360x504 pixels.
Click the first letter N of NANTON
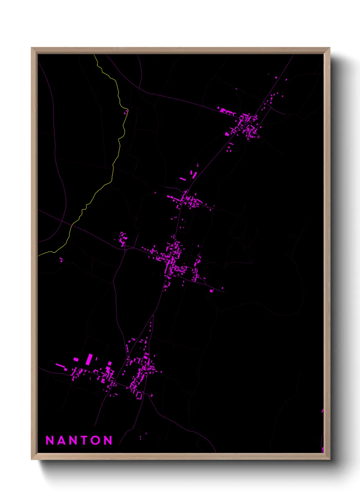point(50,440)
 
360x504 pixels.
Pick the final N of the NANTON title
point(108,440)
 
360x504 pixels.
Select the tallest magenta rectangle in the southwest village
point(89,359)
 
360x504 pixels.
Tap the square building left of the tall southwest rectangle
point(76,359)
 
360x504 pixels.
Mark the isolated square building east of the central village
point(211,291)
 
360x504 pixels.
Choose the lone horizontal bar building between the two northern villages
point(183,178)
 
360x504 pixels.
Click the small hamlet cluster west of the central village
point(122,239)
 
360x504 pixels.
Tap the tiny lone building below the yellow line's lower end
point(62,261)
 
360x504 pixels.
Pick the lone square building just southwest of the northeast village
point(227,134)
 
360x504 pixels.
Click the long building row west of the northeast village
point(227,111)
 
